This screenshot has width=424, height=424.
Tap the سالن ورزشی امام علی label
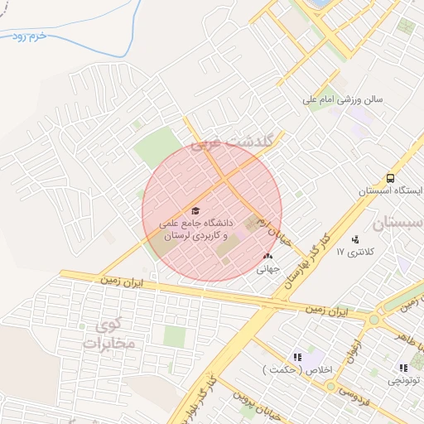click(x=343, y=100)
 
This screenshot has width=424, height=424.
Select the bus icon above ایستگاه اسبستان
click(x=389, y=178)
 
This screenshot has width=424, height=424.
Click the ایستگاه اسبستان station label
click(x=390, y=190)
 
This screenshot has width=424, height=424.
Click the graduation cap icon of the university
click(x=195, y=211)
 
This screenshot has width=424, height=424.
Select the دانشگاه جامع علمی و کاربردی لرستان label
click(x=195, y=229)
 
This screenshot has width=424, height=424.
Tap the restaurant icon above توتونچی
click(x=403, y=368)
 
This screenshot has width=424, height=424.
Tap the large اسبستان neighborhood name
click(x=397, y=223)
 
